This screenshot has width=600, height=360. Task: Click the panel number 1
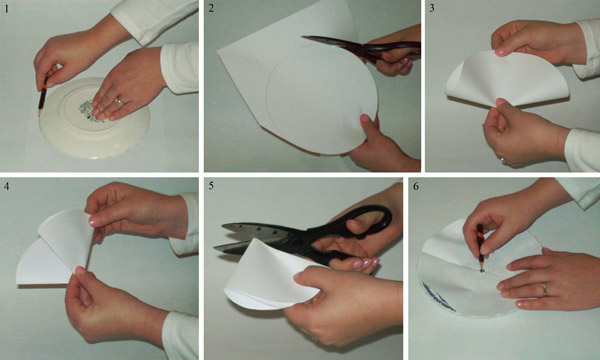pyautogui.click(x=7, y=8)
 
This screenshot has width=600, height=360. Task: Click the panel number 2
pyautogui.click(x=211, y=8)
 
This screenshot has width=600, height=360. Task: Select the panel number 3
pyautogui.click(x=432, y=8)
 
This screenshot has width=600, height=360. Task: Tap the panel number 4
pyautogui.click(x=7, y=186)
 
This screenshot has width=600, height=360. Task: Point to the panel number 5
pyautogui.click(x=211, y=186)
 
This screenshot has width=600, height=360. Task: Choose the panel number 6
pyautogui.click(x=416, y=186)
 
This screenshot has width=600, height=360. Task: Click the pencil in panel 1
pyautogui.click(x=42, y=96)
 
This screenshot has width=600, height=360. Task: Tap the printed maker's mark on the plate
pyautogui.click(x=89, y=111)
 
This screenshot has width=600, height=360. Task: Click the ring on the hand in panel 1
pyautogui.click(x=119, y=101)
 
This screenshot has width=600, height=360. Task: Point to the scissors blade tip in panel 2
pyautogui.click(x=302, y=37)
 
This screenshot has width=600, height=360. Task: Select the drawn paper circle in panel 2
pyautogui.click(x=321, y=100)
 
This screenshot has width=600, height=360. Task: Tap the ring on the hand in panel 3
pyautogui.click(x=502, y=160)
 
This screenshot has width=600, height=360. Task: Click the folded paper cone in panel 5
pyautogui.click(x=268, y=275)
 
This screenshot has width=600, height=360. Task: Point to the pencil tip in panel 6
pyautogui.click(x=481, y=270)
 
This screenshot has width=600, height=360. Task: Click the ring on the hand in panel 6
pyautogui.click(x=545, y=289)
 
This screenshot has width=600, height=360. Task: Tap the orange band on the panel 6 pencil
pyautogui.click(x=479, y=233)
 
